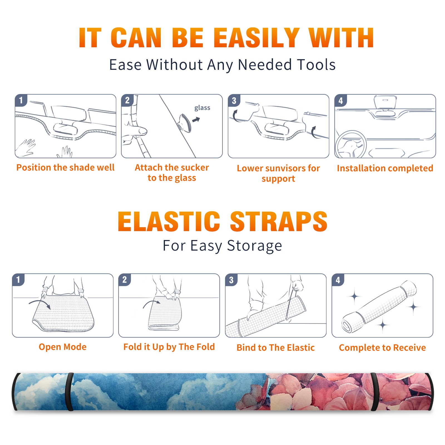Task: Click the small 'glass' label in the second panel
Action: (202, 108)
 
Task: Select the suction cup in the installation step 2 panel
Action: (185, 123)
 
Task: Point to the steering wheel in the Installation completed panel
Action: (350, 144)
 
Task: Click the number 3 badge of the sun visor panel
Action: (234, 100)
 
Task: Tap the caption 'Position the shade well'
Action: (65, 167)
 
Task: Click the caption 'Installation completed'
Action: (385, 168)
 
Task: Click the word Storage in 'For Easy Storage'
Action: (254, 246)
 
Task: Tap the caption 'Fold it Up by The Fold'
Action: (169, 347)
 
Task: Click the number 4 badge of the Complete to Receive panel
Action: (338, 280)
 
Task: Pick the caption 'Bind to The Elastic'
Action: (276, 347)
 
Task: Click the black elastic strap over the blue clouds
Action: (69, 392)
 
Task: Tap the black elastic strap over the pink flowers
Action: (375, 392)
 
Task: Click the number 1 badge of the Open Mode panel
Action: (18, 280)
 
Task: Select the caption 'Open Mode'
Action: (63, 347)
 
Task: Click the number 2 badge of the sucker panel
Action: (127, 100)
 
